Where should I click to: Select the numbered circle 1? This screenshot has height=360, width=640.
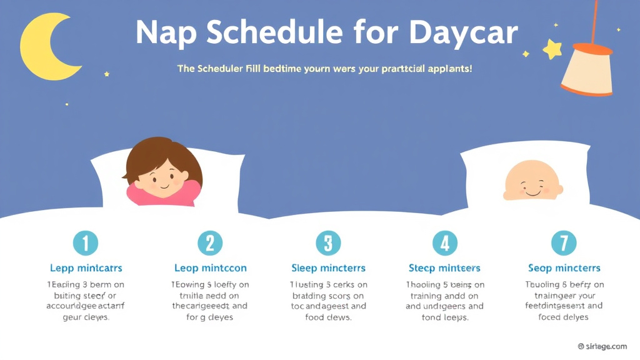[x=86, y=242]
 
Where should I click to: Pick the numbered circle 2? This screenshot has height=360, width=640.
[x=210, y=242]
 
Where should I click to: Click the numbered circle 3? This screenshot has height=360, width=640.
[x=328, y=242]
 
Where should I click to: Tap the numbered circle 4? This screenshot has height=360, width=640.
[x=444, y=242]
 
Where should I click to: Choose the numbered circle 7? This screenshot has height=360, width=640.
[x=563, y=242]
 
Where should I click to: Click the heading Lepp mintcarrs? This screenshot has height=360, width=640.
[x=86, y=268]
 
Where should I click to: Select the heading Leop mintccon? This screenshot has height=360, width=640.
[x=210, y=268]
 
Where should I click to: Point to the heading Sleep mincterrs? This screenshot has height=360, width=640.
[x=328, y=268]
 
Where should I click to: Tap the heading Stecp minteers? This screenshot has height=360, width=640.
[x=444, y=268]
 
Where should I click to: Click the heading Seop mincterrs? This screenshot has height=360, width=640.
[x=563, y=268]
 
